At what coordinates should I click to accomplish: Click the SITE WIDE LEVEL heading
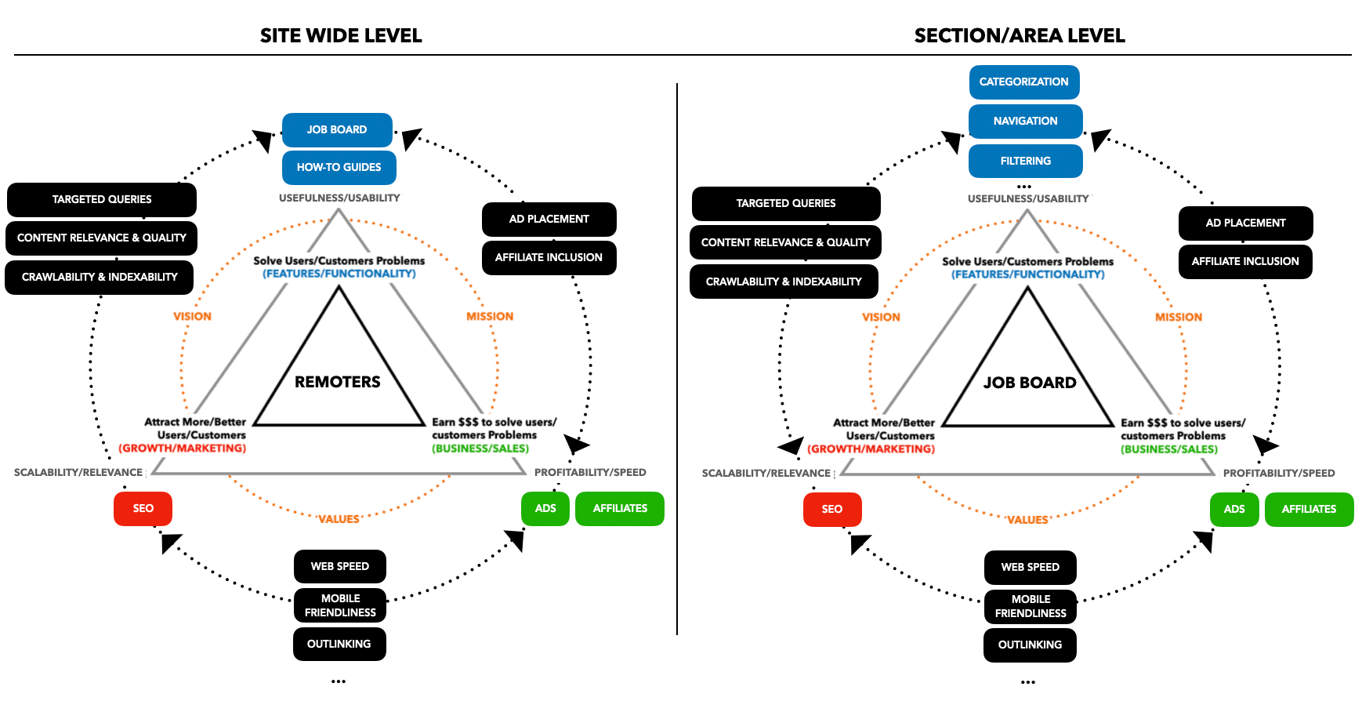[341, 35]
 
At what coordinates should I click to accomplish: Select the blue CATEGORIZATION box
[1023, 82]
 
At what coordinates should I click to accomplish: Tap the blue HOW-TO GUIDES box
[339, 167]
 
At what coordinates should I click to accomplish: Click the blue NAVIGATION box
[1025, 121]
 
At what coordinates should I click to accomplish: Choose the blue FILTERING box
[1025, 161]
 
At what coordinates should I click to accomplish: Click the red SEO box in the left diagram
[143, 508]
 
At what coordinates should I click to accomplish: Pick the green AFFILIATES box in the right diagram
[1309, 509]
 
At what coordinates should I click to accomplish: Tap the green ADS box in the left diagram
[545, 508]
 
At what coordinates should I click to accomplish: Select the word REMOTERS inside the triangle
[337, 382]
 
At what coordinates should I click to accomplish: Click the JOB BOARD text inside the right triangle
[1030, 383]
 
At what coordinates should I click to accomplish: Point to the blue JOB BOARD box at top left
[336, 129]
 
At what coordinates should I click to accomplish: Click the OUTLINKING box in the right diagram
[1030, 645]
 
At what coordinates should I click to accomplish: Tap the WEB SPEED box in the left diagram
[339, 566]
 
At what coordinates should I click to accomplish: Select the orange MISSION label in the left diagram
[490, 316]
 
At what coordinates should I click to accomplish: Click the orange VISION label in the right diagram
[881, 317]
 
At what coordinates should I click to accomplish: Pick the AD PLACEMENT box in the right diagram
[1245, 223]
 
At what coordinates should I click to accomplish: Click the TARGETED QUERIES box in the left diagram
[102, 199]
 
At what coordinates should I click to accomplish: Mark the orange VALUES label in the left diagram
[339, 519]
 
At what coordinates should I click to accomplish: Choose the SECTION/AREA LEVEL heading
[1020, 35]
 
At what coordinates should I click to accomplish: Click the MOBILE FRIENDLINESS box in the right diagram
[1030, 606]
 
